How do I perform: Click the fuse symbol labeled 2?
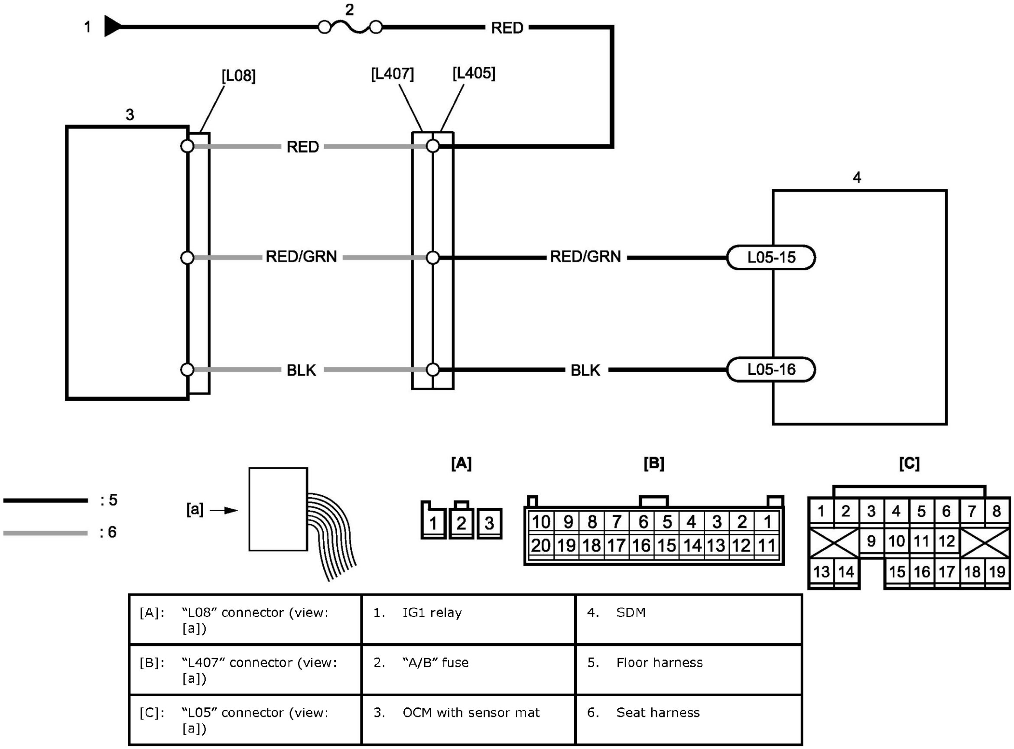[350, 28]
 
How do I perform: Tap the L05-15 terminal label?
[771, 257]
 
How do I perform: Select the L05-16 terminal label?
[771, 370]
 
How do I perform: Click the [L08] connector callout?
[238, 76]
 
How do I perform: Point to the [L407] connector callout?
[392, 74]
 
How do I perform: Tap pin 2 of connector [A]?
[461, 523]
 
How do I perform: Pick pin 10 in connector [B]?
[540, 522]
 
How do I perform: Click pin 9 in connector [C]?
[871, 541]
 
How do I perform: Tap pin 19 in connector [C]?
[997, 572]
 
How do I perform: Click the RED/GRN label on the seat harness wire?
[301, 256]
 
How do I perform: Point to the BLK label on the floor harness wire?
[585, 370]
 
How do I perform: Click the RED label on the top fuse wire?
[507, 28]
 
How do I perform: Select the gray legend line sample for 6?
[45, 533]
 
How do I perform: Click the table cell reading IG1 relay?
[468, 619]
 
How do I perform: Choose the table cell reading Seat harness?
[688, 720]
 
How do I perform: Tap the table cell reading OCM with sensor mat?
[468, 720]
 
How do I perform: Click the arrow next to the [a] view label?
[224, 510]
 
